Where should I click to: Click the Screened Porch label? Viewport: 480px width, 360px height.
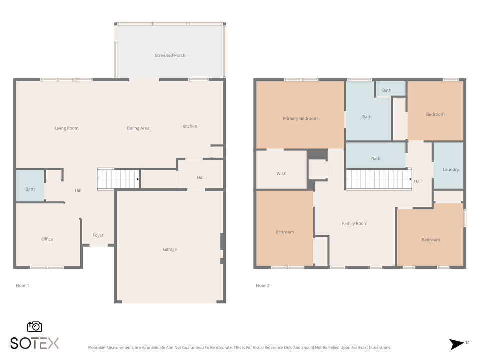pos(170,55)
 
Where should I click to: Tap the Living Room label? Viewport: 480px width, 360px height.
pos(66,128)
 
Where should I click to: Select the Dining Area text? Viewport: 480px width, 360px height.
pos(138,128)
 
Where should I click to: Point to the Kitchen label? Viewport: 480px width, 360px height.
pos(190,126)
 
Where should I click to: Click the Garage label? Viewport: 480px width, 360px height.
pos(170,249)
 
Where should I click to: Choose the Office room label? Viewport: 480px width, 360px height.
pos(47,239)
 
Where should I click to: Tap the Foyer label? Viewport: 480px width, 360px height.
pos(98,235)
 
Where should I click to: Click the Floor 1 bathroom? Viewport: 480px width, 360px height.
pos(30,189)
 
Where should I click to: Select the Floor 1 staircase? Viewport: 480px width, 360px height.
pos(118,178)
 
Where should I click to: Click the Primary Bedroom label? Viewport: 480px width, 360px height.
pos(300,118)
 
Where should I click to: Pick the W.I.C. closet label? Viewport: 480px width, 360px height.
pos(282,173)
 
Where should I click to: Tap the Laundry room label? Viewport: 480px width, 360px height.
pos(451,169)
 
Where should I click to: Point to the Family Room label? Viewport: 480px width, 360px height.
pos(354,223)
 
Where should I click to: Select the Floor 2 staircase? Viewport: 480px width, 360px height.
pos(378,179)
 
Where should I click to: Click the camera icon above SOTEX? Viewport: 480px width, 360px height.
pos(34,327)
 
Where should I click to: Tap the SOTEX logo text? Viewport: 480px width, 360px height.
pos(35,343)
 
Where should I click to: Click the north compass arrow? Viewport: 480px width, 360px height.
pos(457,344)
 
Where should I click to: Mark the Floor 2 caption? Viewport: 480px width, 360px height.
pos(262,286)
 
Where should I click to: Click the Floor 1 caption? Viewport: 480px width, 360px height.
pos(22,286)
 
